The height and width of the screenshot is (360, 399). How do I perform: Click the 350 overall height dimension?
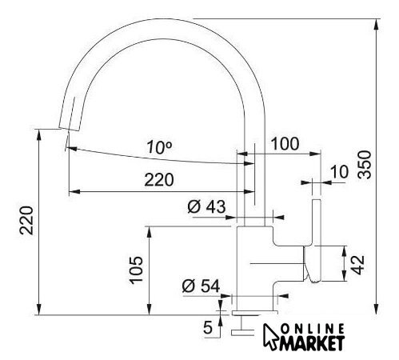pyautogui.click(x=365, y=165)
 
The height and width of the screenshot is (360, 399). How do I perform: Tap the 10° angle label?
pyautogui.click(x=159, y=147)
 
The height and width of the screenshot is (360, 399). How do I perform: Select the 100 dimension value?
pyautogui.click(x=285, y=144)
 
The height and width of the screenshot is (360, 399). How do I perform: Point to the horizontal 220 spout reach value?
pyautogui.click(x=159, y=179)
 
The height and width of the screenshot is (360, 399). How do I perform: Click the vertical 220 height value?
pyautogui.click(x=26, y=220)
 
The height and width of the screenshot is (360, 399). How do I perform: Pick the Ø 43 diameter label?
pyautogui.click(x=206, y=206)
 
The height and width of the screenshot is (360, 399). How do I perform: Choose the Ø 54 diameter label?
pyautogui.click(x=201, y=286)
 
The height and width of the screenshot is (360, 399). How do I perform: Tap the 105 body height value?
pyautogui.click(x=136, y=270)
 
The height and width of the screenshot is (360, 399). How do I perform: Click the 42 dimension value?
pyautogui.click(x=357, y=265)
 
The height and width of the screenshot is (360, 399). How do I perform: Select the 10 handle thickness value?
pyautogui.click(x=339, y=171)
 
